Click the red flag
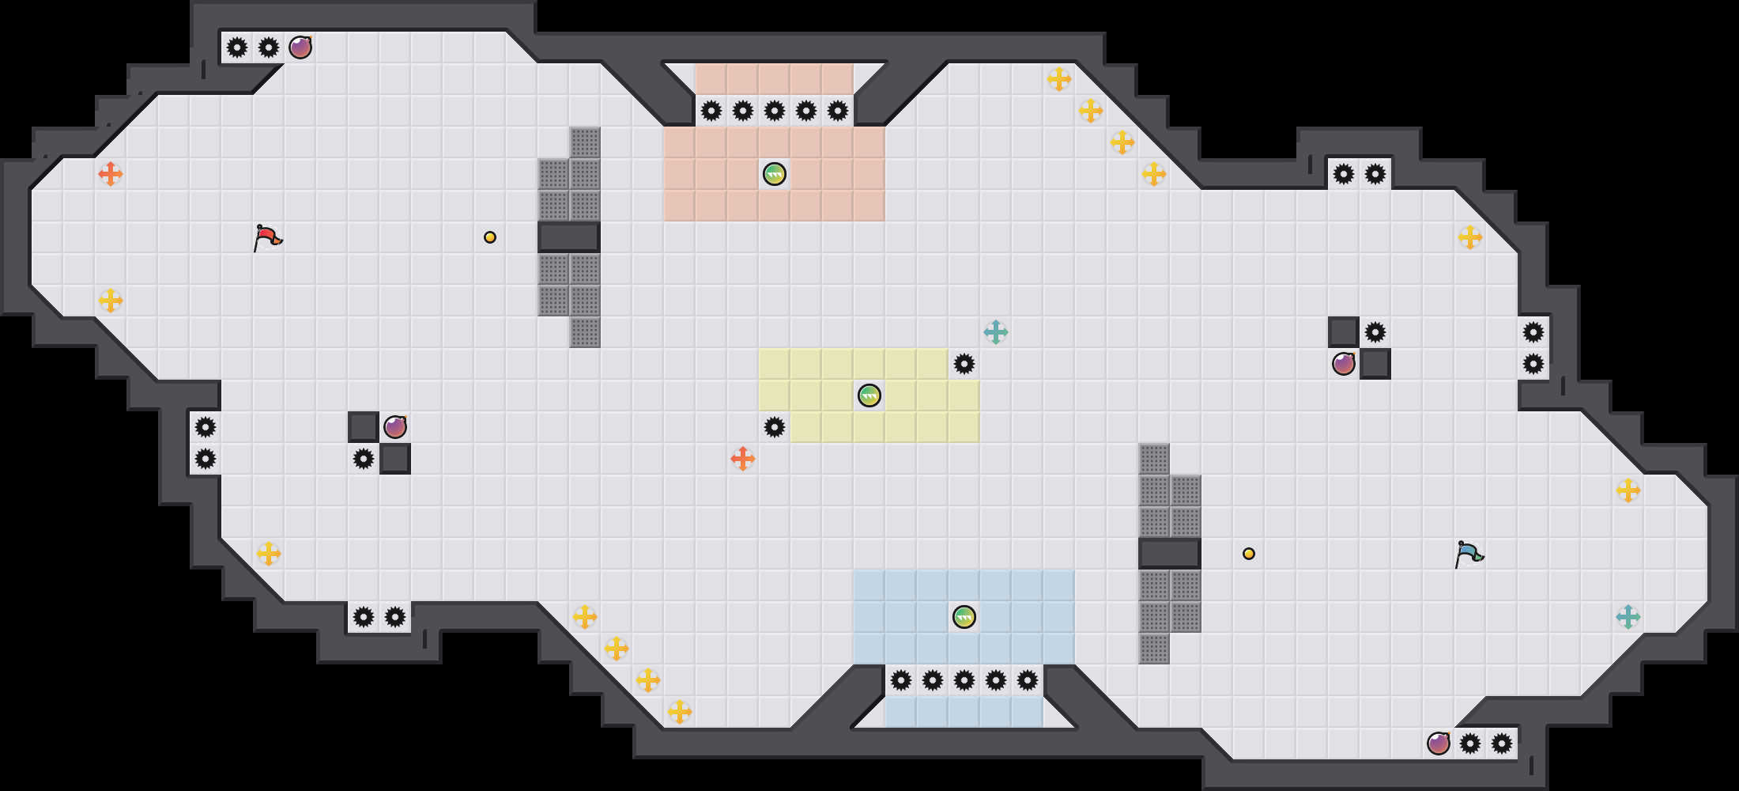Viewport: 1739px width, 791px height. pos(267,237)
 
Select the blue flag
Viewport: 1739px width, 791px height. pos(1469,554)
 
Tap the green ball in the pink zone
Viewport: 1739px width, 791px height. pos(775,174)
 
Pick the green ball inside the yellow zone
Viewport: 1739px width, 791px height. pos(869,395)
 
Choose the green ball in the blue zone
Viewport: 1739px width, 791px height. pos(964,617)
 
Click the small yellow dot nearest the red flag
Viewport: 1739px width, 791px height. pos(490,237)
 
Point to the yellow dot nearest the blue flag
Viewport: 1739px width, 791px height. pos(1249,554)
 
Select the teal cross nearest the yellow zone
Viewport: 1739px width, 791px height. pos(996,332)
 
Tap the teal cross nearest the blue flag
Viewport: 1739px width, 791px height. pos(1628,617)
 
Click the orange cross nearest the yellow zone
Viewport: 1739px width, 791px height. pos(743,459)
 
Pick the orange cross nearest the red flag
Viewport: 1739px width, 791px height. pos(111,174)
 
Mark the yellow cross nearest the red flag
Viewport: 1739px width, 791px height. pos(111,301)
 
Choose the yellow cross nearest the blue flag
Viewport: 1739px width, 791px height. pos(1628,490)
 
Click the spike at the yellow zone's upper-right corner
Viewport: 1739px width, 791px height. pos(964,364)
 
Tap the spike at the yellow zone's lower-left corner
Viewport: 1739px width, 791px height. pos(775,427)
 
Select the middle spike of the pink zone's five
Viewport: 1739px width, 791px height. pos(775,111)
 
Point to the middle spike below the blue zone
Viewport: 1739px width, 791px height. pos(964,680)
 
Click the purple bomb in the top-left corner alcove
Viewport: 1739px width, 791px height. pos(300,47)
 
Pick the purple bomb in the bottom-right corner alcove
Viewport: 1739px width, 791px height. pos(1439,744)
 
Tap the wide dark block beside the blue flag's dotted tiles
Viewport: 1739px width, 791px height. pos(1170,554)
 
